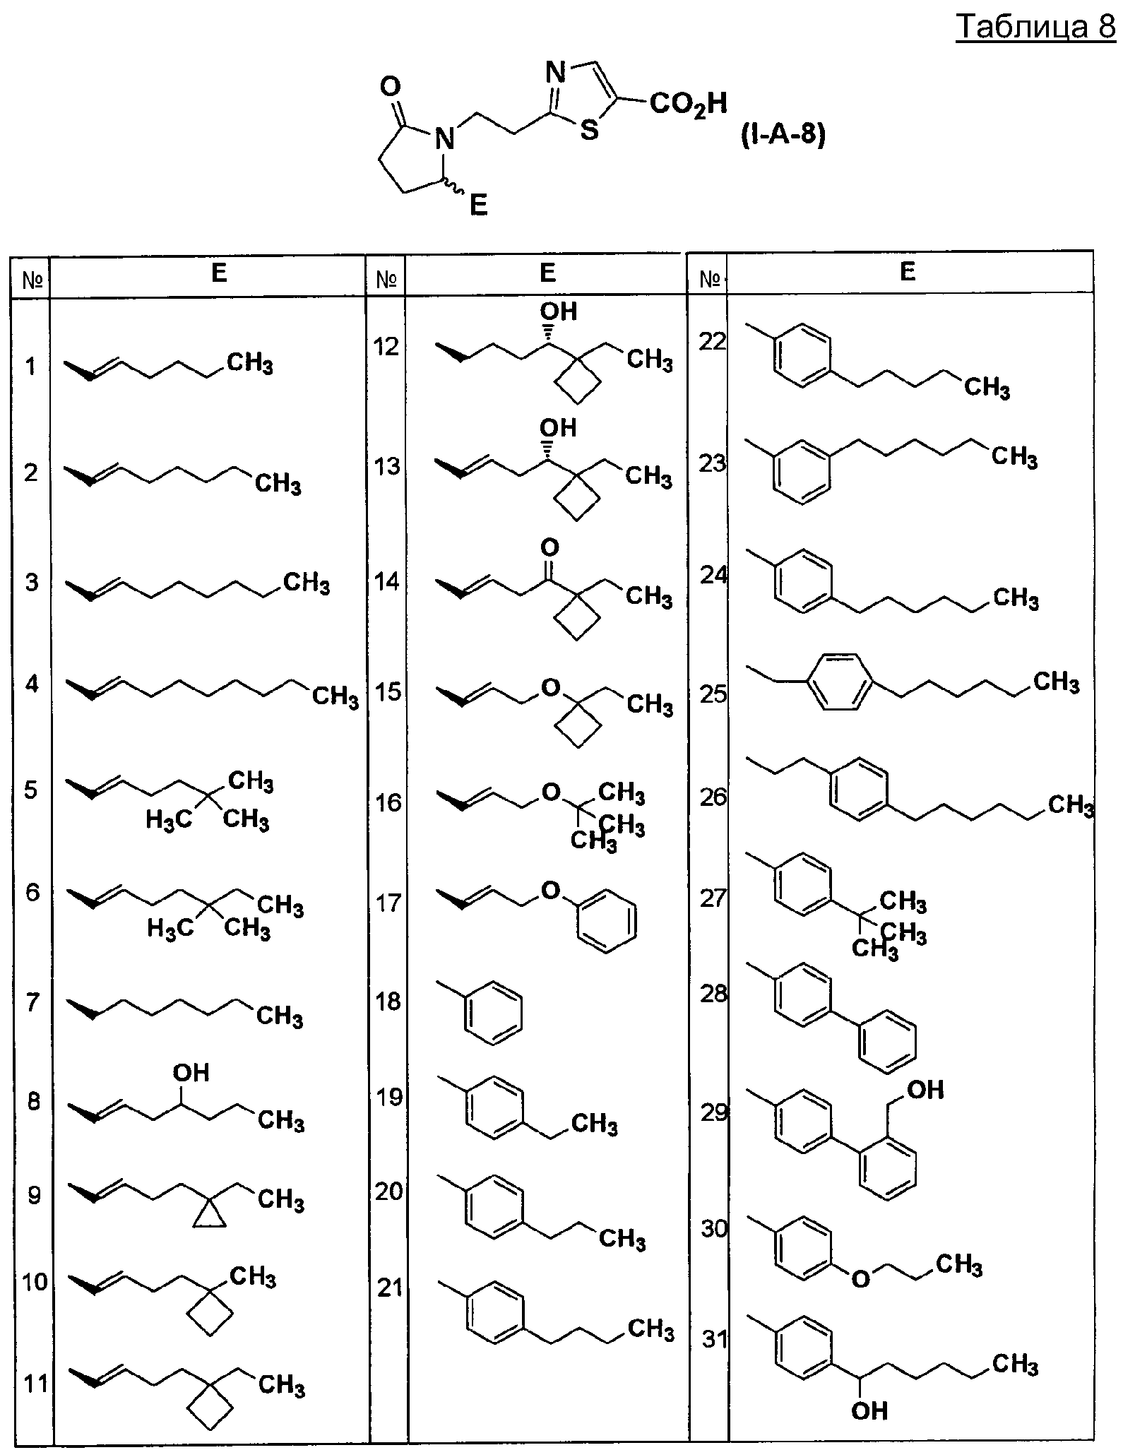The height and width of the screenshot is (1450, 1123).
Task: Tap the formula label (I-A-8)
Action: point(783,134)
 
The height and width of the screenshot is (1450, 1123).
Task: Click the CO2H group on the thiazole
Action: point(688,105)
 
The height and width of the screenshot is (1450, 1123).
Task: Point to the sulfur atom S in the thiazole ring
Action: point(589,130)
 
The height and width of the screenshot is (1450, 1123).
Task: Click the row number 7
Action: point(32,1002)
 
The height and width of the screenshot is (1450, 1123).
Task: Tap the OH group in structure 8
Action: point(191,1073)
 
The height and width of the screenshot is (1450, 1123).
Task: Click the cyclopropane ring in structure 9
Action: point(210,1216)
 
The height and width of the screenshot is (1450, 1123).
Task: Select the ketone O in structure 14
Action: point(549,547)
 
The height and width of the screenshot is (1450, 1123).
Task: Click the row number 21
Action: point(390,1288)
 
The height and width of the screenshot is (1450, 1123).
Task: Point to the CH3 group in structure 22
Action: point(987,388)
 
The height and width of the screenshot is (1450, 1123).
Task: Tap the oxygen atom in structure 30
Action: point(860,1279)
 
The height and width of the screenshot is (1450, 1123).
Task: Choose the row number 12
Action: point(387,346)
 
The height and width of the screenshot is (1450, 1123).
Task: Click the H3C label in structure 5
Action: point(169,820)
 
